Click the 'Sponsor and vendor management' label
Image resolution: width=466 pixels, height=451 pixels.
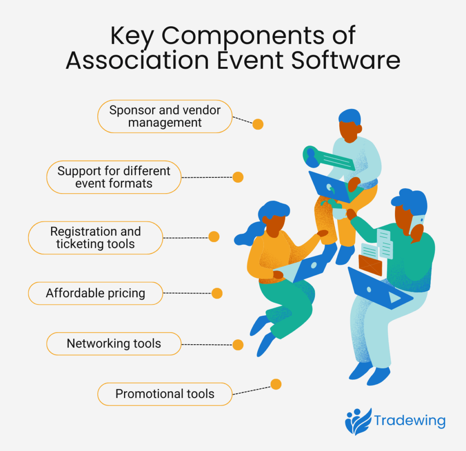pos(165,116)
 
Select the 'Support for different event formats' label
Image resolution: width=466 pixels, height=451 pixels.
pos(114,177)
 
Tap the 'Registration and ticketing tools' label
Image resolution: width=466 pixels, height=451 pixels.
pos(95,237)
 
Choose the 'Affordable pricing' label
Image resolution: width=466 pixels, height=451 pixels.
pos(95,293)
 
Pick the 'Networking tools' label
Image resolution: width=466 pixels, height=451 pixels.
pos(114,343)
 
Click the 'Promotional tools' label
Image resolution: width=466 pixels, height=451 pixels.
pos(165,394)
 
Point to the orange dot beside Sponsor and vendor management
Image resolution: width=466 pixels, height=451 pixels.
pos(258,124)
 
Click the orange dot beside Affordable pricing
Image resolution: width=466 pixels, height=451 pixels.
pos(217,293)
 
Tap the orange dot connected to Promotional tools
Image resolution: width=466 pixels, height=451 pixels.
pos(276,385)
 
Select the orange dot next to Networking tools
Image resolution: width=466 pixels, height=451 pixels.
pos(238,345)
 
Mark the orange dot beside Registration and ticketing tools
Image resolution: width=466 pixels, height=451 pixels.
pos(214,237)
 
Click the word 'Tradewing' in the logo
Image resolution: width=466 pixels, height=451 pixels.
pos(409,421)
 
